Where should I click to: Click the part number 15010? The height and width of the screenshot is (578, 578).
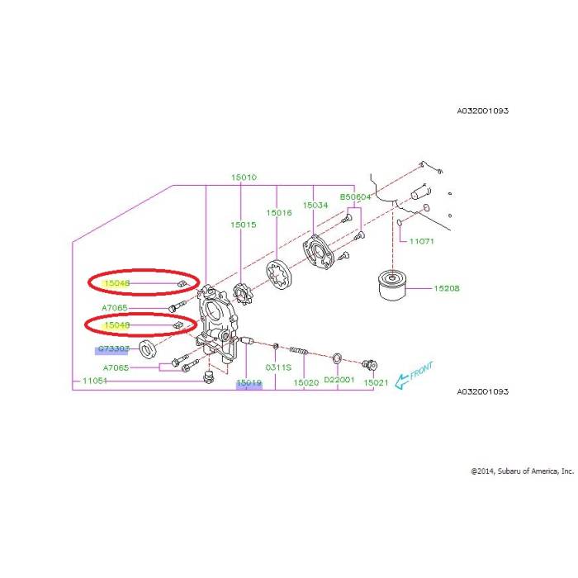point(244,177)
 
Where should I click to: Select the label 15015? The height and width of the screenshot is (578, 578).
point(244,225)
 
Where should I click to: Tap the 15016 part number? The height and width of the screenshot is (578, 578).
point(279,212)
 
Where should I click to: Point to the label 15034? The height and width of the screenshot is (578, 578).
point(314,205)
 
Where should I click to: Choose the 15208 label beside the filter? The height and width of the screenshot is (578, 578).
point(447,289)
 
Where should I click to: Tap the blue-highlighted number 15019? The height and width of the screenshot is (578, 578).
point(249,384)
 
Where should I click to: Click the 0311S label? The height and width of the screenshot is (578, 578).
point(277,367)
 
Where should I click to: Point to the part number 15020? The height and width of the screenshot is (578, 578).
point(306,383)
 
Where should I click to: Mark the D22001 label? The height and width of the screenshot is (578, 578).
point(339,380)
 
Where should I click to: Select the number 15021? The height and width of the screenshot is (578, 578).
point(376,383)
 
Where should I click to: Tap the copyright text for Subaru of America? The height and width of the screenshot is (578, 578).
point(521,471)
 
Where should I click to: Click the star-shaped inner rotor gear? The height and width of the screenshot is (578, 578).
point(242,293)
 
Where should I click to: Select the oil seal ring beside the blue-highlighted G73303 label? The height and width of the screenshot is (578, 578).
point(150,348)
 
